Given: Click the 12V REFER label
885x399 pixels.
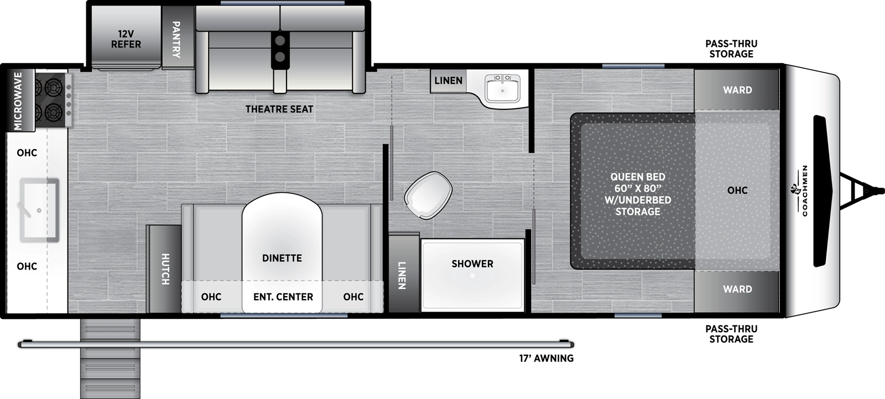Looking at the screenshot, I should point(126,39).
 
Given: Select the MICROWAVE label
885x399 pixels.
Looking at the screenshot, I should point(18,101).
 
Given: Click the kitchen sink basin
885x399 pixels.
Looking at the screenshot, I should point(39,210).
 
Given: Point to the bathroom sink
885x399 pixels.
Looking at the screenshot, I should point(502,88).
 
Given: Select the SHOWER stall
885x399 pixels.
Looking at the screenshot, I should point(472,274).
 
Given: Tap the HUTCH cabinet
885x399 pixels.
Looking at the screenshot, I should point(164,269).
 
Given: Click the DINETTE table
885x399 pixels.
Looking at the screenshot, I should point(282,243).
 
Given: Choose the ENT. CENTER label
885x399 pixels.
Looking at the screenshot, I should point(283,297).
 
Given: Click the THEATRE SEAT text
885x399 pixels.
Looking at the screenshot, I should point(279,109).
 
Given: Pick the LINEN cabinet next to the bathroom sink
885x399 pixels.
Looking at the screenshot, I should point(448,81).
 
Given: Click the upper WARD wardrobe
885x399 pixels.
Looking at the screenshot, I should point(737,90).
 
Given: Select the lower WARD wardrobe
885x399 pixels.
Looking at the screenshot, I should point(737,289).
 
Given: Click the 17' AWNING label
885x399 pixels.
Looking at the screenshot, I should point(545,358).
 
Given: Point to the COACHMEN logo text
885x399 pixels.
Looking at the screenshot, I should point(804,191).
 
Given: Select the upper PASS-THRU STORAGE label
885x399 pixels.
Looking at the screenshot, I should point(731,49).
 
